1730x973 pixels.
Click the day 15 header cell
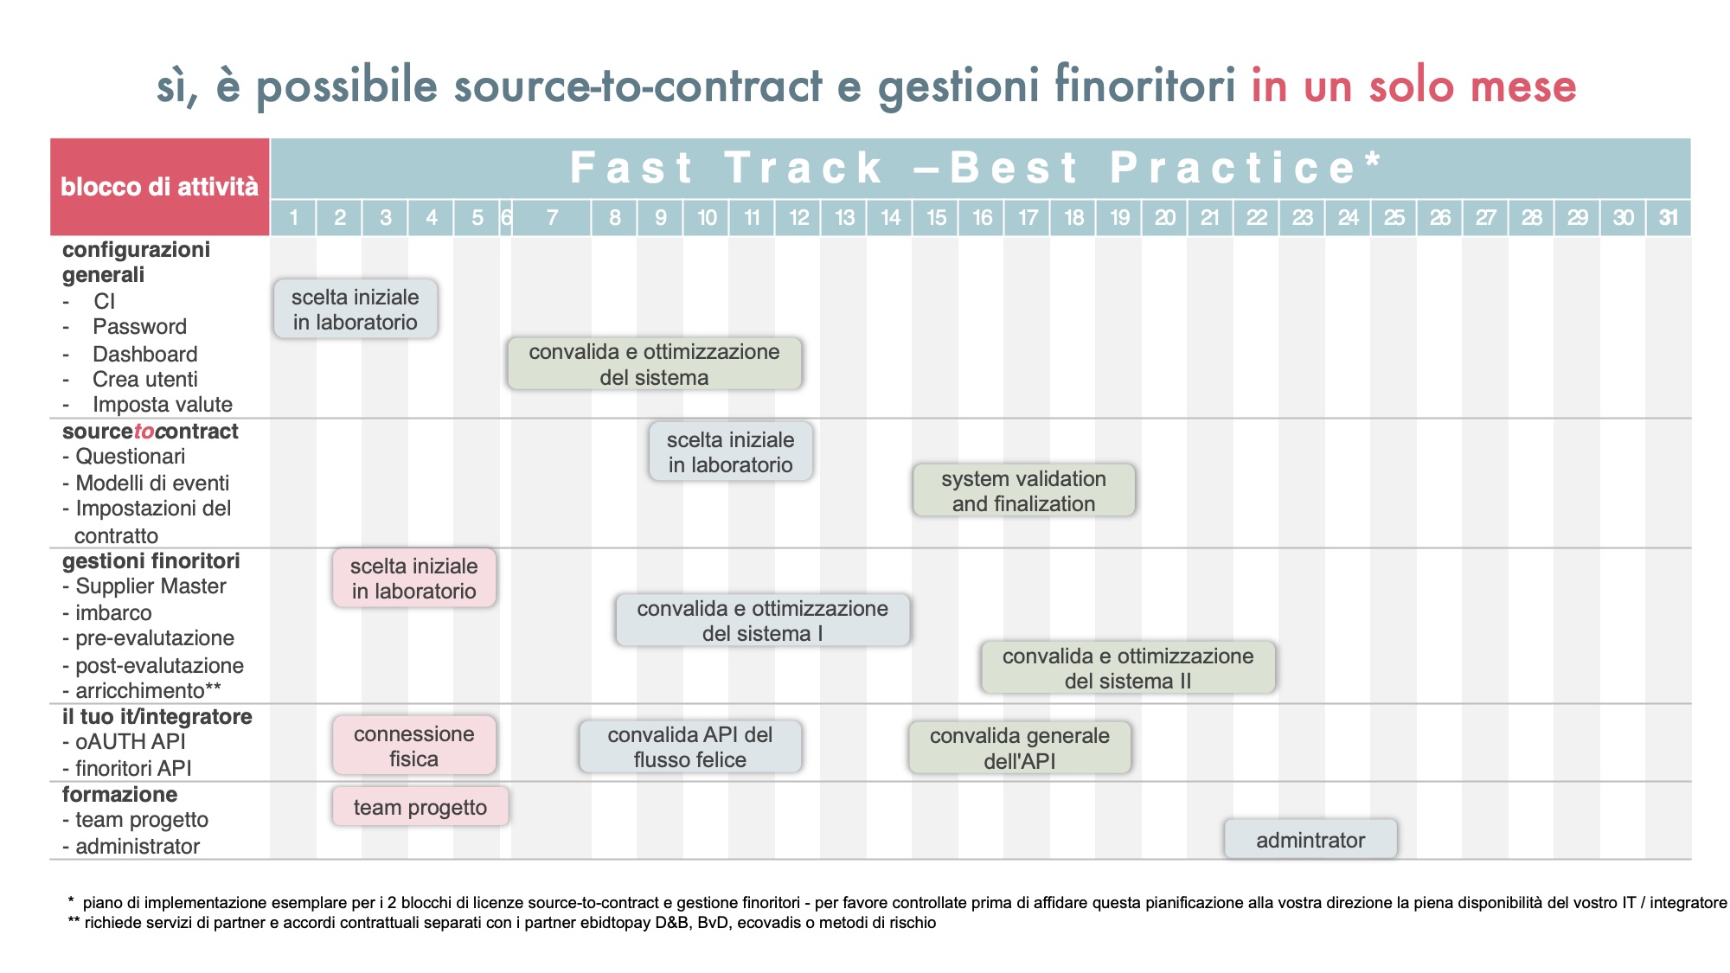(x=936, y=218)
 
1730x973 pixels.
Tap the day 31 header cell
(x=1669, y=218)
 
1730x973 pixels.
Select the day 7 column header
(x=552, y=218)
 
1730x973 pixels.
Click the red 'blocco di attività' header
(x=160, y=187)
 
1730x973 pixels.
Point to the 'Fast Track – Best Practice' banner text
(x=976, y=168)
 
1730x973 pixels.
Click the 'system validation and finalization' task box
(x=1024, y=490)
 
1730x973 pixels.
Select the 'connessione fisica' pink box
(x=414, y=746)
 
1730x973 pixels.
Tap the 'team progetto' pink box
(x=420, y=807)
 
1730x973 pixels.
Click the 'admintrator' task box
(x=1310, y=839)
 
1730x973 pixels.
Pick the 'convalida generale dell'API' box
(x=1020, y=748)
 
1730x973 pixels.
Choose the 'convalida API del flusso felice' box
(x=690, y=746)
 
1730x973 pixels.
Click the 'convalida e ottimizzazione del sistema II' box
(x=1128, y=668)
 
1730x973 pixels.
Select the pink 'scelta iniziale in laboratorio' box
(x=414, y=578)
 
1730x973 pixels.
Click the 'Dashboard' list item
(x=145, y=354)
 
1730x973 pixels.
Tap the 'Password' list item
(x=140, y=327)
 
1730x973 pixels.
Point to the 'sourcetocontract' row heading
(x=150, y=431)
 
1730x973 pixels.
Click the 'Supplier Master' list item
(x=151, y=586)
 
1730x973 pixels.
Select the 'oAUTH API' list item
(x=131, y=742)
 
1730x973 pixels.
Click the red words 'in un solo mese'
(x=1414, y=86)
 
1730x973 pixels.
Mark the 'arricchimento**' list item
(x=148, y=690)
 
